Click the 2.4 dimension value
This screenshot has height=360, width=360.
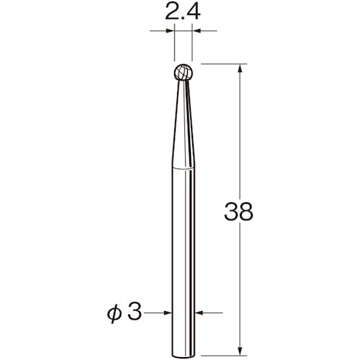pos(184,12)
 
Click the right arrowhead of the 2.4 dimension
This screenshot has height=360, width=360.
pos(198,31)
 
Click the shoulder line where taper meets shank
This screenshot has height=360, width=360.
pos(184,166)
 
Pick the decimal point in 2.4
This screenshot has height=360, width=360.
pos(183,18)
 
